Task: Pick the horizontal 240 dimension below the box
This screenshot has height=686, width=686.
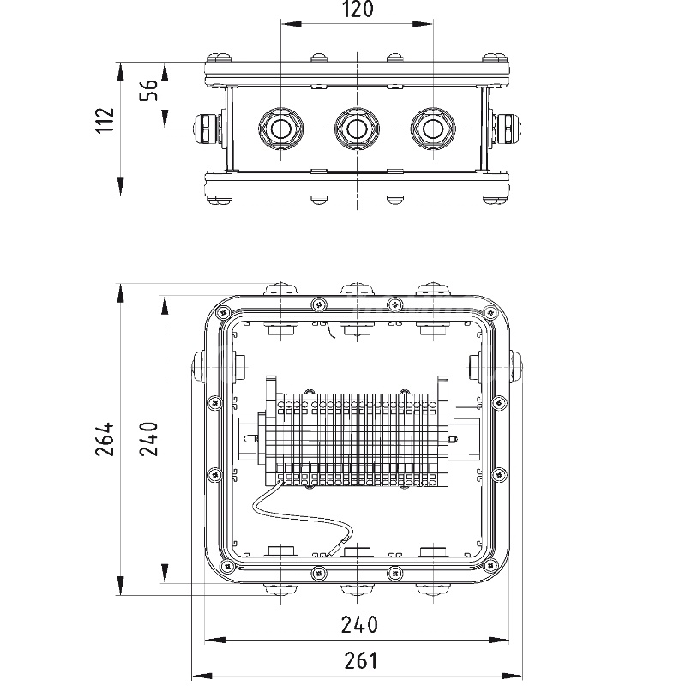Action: coord(358,624)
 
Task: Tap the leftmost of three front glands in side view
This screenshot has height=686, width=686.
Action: coord(280,129)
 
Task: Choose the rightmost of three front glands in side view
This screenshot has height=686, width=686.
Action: coord(431,129)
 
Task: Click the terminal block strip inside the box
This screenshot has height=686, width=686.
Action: coord(356,437)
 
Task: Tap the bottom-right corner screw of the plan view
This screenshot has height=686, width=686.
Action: coord(490,564)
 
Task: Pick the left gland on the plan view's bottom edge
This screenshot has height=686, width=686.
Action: coord(280,588)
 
